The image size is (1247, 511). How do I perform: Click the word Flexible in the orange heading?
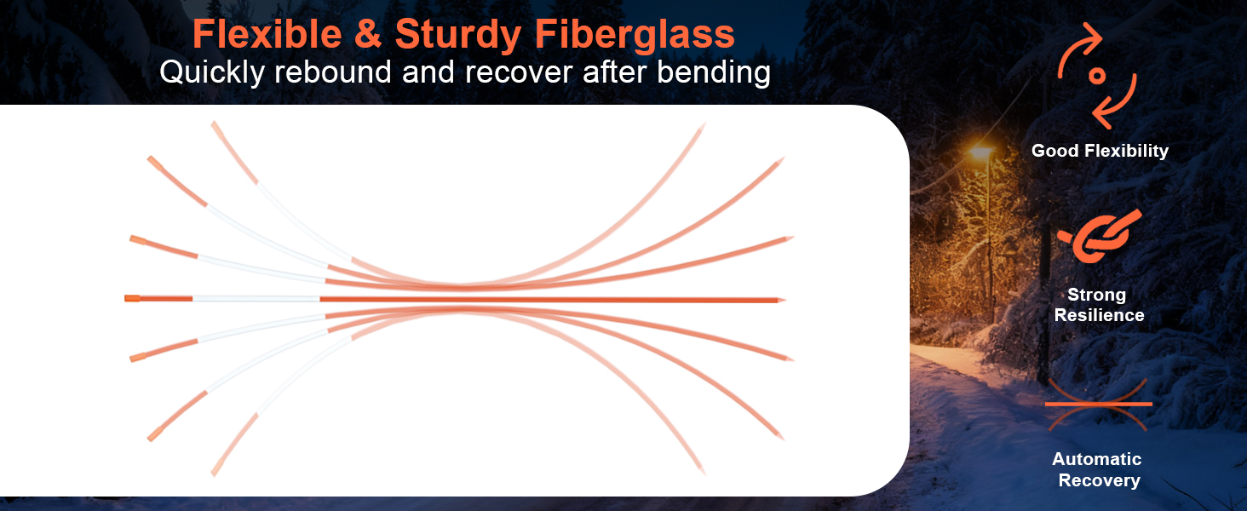[267, 35]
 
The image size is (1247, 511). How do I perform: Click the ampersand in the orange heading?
[368, 35]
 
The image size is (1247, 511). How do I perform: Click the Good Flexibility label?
[1100, 151]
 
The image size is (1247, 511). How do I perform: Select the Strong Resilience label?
[1099, 305]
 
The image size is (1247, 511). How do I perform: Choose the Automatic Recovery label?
[1098, 469]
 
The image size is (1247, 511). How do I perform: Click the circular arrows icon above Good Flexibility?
[1097, 76]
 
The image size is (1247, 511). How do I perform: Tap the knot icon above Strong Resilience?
[1100, 236]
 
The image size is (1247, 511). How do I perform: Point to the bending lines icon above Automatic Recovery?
[1098, 405]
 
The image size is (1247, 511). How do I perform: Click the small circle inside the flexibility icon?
[1097, 76]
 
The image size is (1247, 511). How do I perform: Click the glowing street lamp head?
[981, 152]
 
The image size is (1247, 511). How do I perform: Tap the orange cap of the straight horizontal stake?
[132, 298]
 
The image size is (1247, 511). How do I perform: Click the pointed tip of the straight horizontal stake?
[784, 300]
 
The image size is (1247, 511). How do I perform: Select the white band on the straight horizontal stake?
[256, 299]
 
